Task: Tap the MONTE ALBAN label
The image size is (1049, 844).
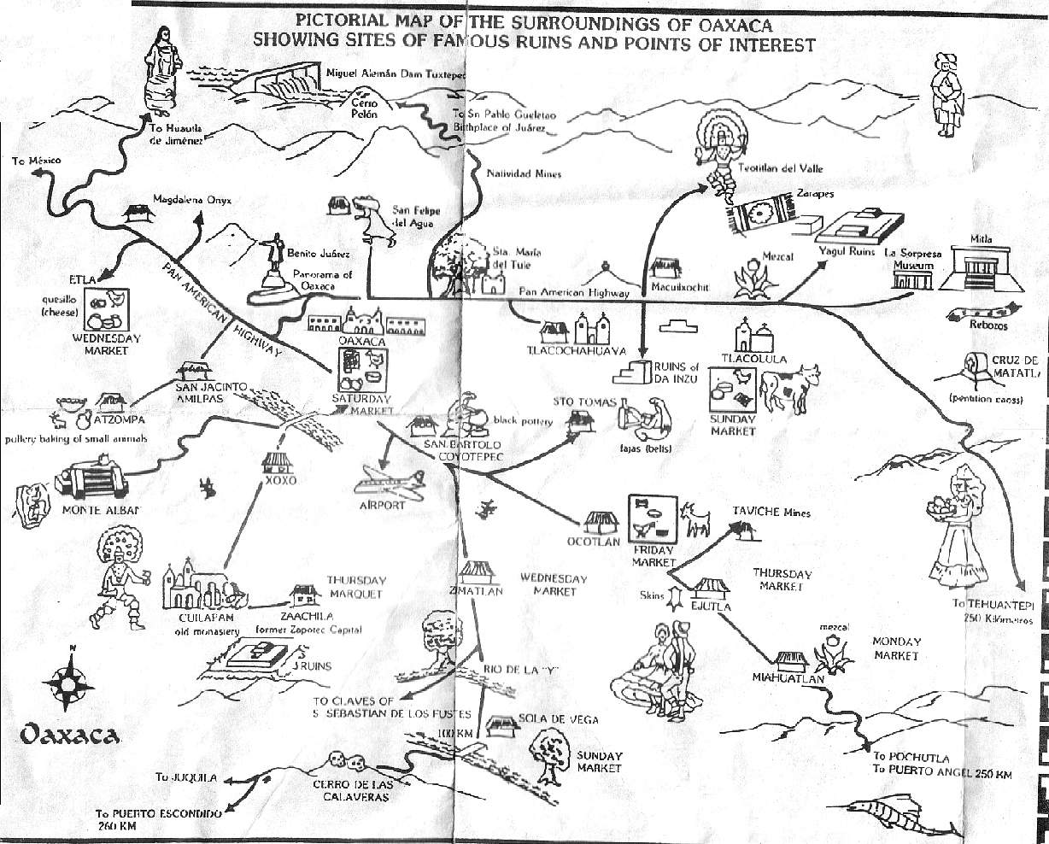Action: pos(99,511)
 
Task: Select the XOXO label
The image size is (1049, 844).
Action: pos(281,481)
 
